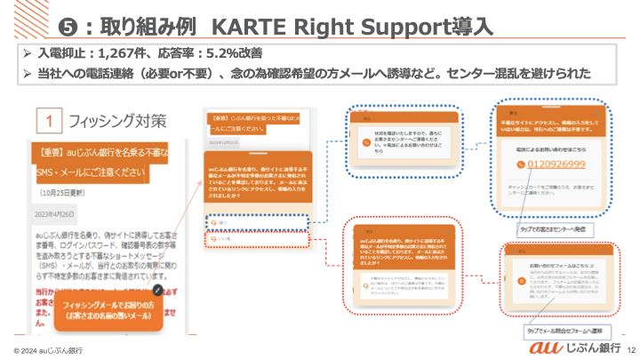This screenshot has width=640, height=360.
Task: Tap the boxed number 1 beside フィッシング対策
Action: tap(52, 121)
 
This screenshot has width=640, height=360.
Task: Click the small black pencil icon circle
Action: tap(157, 290)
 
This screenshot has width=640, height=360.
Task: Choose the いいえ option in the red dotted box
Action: tap(222, 238)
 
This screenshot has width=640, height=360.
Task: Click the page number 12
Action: tap(631, 348)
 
